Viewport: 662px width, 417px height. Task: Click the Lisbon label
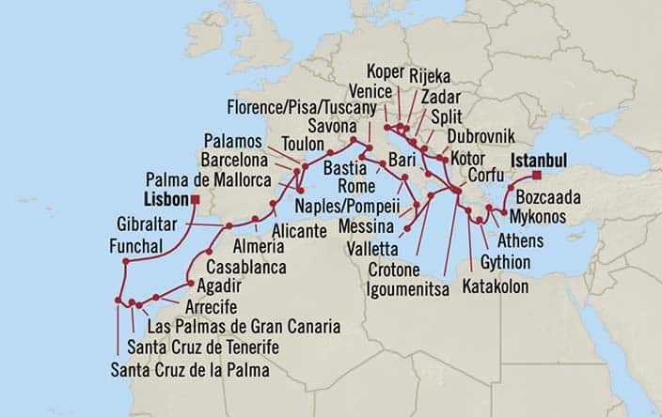coord(166,200)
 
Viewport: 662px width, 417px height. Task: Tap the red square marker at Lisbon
coord(196,200)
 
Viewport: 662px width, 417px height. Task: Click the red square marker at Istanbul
coord(537,175)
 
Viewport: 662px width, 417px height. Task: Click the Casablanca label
coord(245,266)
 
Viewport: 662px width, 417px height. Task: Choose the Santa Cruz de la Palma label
coord(190,371)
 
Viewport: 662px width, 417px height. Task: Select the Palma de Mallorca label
coord(200,179)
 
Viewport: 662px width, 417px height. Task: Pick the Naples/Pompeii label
coord(345,206)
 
